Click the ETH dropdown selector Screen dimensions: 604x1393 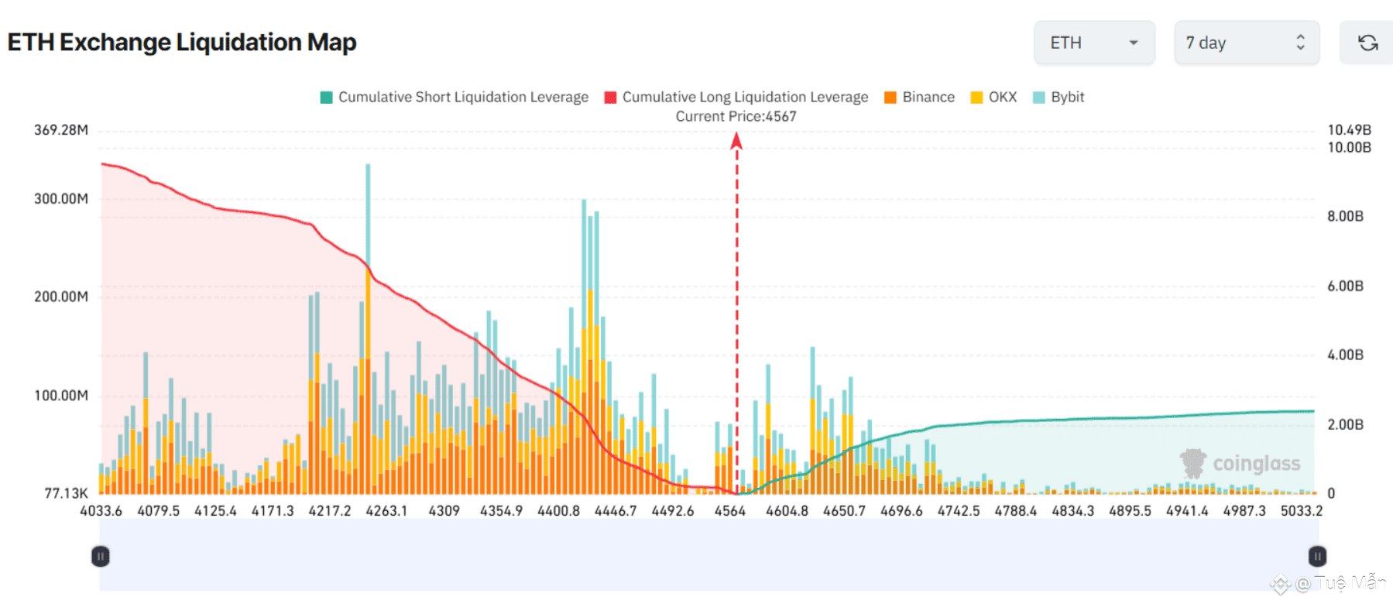[1094, 43]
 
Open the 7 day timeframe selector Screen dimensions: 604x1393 [1246, 43]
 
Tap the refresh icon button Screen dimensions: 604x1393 [1367, 43]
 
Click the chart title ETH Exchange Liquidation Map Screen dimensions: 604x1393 [182, 42]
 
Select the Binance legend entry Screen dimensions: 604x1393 [919, 97]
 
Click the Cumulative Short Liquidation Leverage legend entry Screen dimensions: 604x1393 [455, 97]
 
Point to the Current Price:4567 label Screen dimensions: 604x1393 [736, 116]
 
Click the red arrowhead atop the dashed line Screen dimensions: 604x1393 [736, 140]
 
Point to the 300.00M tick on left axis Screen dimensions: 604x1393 [61, 199]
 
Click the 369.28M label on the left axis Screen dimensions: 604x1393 [61, 130]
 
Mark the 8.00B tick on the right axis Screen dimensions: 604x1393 [1345, 216]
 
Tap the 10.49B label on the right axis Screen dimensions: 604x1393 [1349, 129]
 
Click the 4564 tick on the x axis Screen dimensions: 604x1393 [729, 511]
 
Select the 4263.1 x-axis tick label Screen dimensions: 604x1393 [386, 511]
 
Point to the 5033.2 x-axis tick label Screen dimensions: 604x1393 [1301, 511]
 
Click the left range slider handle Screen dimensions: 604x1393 [101, 556]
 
